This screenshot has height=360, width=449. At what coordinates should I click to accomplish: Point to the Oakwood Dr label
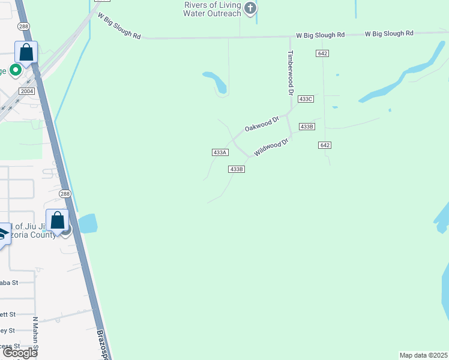coord(262,125)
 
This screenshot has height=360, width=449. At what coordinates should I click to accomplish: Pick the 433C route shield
coord(306,98)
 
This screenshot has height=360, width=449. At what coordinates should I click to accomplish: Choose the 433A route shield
coord(220,152)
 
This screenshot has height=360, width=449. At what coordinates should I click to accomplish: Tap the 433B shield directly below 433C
coord(306,127)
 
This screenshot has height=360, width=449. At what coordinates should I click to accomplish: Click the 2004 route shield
coord(26,91)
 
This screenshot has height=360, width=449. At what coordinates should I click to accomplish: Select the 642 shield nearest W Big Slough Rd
coord(322,53)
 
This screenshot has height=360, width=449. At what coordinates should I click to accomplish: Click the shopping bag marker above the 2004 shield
coord(26,53)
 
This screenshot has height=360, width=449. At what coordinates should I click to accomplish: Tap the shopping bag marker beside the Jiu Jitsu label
coord(58,221)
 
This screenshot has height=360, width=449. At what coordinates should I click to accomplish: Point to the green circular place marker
coord(15,70)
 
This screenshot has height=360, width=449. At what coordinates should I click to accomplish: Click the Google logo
coord(19,352)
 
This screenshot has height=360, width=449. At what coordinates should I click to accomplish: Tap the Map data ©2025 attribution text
coord(424,355)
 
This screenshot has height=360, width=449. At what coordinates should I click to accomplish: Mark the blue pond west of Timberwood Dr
coord(215,82)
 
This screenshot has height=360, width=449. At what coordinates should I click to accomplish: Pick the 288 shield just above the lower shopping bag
coord(65,193)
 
